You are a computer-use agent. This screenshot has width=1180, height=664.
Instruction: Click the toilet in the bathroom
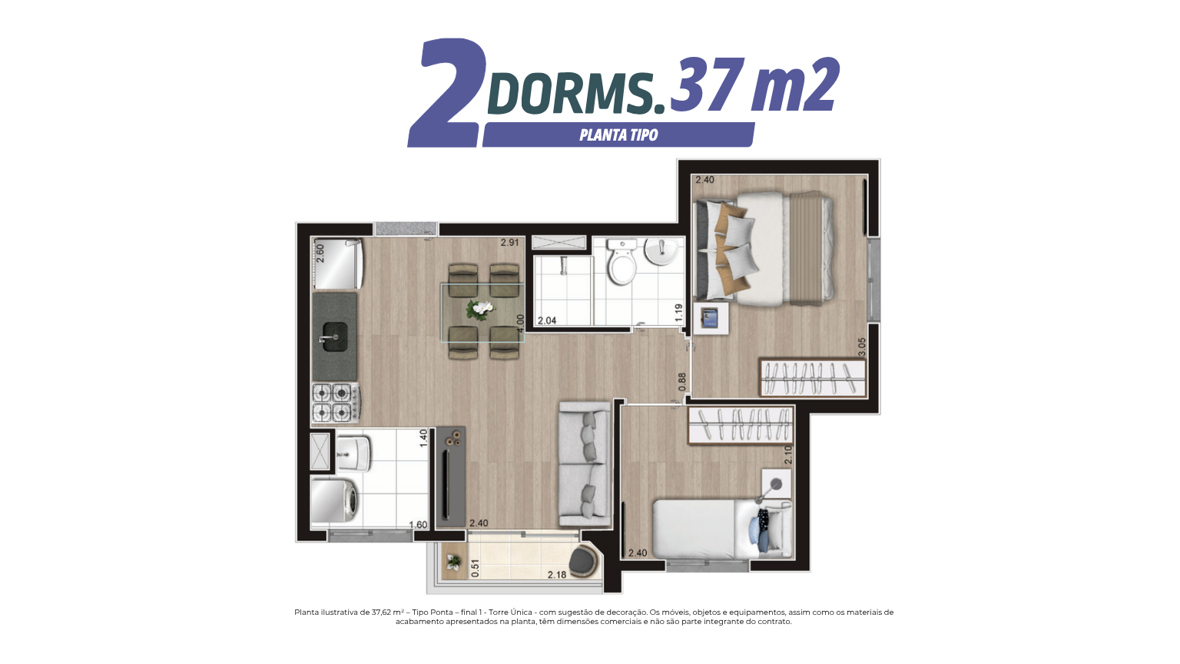click(x=621, y=261)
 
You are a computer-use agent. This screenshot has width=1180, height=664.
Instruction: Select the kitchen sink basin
click(x=334, y=337)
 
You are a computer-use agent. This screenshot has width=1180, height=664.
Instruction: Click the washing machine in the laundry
click(x=336, y=500)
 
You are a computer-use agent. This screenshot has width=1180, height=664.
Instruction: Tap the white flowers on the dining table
click(x=480, y=309)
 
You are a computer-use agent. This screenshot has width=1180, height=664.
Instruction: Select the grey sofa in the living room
click(x=585, y=463)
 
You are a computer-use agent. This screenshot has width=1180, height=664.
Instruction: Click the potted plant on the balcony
click(x=453, y=563)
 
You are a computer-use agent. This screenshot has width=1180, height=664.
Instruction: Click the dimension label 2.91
click(x=509, y=243)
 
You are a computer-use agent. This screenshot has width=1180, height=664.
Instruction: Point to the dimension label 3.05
click(x=862, y=347)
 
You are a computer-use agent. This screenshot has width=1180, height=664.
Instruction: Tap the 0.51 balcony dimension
click(x=476, y=568)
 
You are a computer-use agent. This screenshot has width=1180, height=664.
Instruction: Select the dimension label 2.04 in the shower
click(x=547, y=320)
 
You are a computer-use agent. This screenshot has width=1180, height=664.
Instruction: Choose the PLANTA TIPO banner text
click(x=618, y=135)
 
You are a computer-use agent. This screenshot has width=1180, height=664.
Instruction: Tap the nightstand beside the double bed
click(x=711, y=317)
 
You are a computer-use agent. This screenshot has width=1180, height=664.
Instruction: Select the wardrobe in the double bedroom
click(x=813, y=377)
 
